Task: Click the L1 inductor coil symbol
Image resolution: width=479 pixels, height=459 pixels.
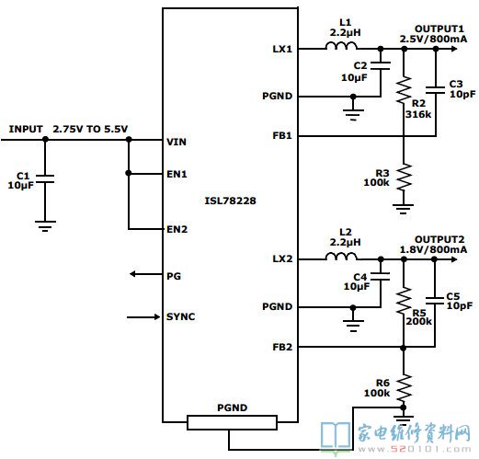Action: pyautogui.click(x=341, y=46)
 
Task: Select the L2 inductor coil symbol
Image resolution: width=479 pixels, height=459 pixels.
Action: pyautogui.click(x=341, y=257)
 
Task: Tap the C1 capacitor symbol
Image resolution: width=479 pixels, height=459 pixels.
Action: pyautogui.click(x=45, y=179)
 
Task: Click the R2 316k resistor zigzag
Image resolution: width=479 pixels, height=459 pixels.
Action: pyautogui.click(x=405, y=89)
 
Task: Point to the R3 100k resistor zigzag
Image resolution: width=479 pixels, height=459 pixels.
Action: pyautogui.click(x=405, y=177)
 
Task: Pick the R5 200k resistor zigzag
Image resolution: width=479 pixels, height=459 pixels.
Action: pyautogui.click(x=404, y=301)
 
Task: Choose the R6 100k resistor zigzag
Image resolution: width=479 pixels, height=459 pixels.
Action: pyautogui.click(x=404, y=388)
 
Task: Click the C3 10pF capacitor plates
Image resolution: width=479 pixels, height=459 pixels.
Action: pyautogui.click(x=435, y=90)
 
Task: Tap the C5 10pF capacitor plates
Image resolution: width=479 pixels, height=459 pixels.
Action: pyautogui.click(x=435, y=301)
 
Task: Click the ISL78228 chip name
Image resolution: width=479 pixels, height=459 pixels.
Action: pyautogui.click(x=230, y=201)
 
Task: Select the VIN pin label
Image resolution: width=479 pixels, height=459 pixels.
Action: pyautogui.click(x=177, y=142)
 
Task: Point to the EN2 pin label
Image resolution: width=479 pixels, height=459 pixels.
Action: pyautogui.click(x=177, y=229)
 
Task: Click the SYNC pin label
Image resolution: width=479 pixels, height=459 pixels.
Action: pyautogui.click(x=180, y=316)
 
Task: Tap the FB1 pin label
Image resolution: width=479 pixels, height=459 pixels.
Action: pyautogui.click(x=282, y=135)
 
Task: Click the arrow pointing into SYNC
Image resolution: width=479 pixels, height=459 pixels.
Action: pyautogui.click(x=143, y=316)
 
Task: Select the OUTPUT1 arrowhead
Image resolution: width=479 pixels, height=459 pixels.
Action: pyautogui.click(x=454, y=49)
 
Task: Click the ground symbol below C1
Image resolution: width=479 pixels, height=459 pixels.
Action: pyautogui.click(x=45, y=226)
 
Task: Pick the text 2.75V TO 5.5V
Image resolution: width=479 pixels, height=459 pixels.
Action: pyautogui.click(x=90, y=129)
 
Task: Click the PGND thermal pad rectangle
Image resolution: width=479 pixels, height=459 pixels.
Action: pyautogui.click(x=233, y=422)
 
